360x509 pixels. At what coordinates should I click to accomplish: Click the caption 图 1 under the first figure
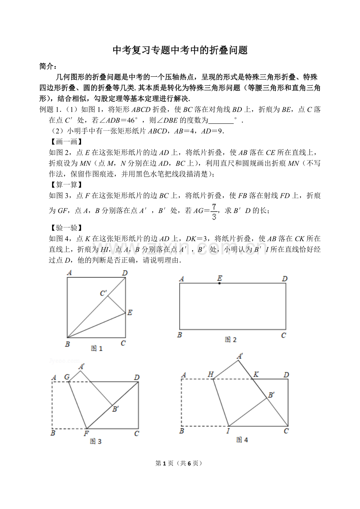coord(97,348)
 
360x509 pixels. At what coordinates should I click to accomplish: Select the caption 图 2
coord(230,339)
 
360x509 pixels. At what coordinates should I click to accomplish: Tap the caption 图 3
coord(96,441)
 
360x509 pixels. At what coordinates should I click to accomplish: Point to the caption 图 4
coord(242,440)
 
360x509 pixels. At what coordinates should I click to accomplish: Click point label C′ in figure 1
coord(104,293)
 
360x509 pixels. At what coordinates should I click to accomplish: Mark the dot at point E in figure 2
coord(220,283)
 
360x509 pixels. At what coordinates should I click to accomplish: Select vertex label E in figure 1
coord(130,312)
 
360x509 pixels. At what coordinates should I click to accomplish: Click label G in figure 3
coord(67,377)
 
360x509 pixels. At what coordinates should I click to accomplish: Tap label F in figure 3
coord(86,433)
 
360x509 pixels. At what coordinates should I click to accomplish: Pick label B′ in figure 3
coord(115,409)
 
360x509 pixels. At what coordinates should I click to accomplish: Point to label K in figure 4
coord(256,375)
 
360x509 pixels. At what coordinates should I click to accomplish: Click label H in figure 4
coord(211,375)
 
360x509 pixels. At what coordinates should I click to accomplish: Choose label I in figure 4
coord(228,431)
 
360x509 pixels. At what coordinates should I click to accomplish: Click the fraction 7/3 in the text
coord(214,211)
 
